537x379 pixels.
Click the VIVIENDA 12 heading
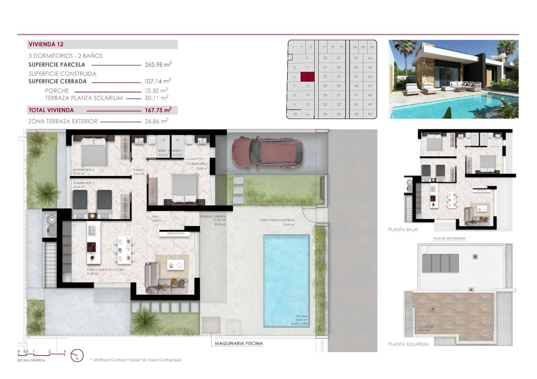(x=46, y=44)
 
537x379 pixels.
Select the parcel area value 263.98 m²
(x=158, y=64)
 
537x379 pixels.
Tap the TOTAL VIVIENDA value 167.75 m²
(x=158, y=110)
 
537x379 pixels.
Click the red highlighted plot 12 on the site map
(x=307, y=77)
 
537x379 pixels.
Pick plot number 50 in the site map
(x=370, y=114)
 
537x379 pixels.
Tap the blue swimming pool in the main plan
(x=286, y=280)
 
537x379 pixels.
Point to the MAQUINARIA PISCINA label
(x=239, y=343)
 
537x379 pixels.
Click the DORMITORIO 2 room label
(x=84, y=170)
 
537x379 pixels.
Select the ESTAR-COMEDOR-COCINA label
(x=105, y=270)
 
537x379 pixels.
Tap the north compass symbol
(x=77, y=356)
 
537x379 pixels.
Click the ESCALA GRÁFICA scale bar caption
(x=31, y=360)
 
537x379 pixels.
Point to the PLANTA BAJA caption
(x=403, y=230)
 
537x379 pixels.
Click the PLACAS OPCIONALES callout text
(x=449, y=238)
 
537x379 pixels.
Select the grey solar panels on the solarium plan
(x=440, y=263)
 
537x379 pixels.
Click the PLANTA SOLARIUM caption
(x=408, y=344)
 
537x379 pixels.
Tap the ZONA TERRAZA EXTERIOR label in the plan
(x=277, y=220)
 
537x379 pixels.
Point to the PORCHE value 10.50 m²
(x=156, y=91)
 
